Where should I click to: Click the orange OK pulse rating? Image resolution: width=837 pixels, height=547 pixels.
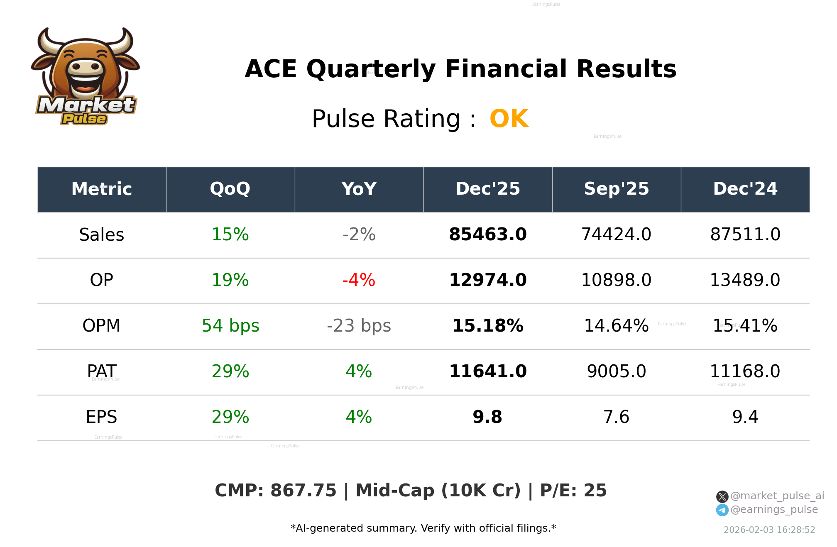click(x=509, y=119)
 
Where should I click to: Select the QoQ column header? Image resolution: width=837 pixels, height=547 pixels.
click(x=230, y=189)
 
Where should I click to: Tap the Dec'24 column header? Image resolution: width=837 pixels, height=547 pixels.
click(x=745, y=189)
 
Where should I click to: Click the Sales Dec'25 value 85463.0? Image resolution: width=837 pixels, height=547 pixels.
click(x=487, y=234)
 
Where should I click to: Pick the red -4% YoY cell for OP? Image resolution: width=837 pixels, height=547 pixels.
click(x=359, y=280)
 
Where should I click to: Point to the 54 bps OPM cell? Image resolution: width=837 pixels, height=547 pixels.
click(x=230, y=326)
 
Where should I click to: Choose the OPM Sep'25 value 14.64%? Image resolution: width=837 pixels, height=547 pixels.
click(x=616, y=326)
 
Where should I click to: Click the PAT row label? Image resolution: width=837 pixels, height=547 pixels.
click(x=101, y=371)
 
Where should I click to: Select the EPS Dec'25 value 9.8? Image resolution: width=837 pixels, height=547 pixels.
click(x=487, y=417)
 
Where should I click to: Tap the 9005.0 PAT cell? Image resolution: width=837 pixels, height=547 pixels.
click(x=616, y=371)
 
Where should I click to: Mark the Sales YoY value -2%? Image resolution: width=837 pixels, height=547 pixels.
click(x=359, y=234)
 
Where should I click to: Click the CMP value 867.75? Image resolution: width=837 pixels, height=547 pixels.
click(x=303, y=491)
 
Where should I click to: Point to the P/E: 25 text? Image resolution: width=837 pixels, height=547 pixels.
click(x=573, y=491)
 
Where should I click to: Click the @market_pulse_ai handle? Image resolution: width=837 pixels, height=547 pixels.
click(x=777, y=496)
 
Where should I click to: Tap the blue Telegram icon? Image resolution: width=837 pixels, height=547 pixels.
click(x=722, y=510)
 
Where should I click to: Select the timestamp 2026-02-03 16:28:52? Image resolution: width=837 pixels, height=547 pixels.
click(x=769, y=530)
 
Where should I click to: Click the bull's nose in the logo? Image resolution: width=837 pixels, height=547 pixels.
click(x=86, y=67)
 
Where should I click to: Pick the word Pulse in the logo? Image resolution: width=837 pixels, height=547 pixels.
click(x=84, y=119)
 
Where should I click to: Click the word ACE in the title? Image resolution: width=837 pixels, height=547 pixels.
click(x=271, y=69)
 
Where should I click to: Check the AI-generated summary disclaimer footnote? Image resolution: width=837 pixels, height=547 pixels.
click(x=423, y=528)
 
